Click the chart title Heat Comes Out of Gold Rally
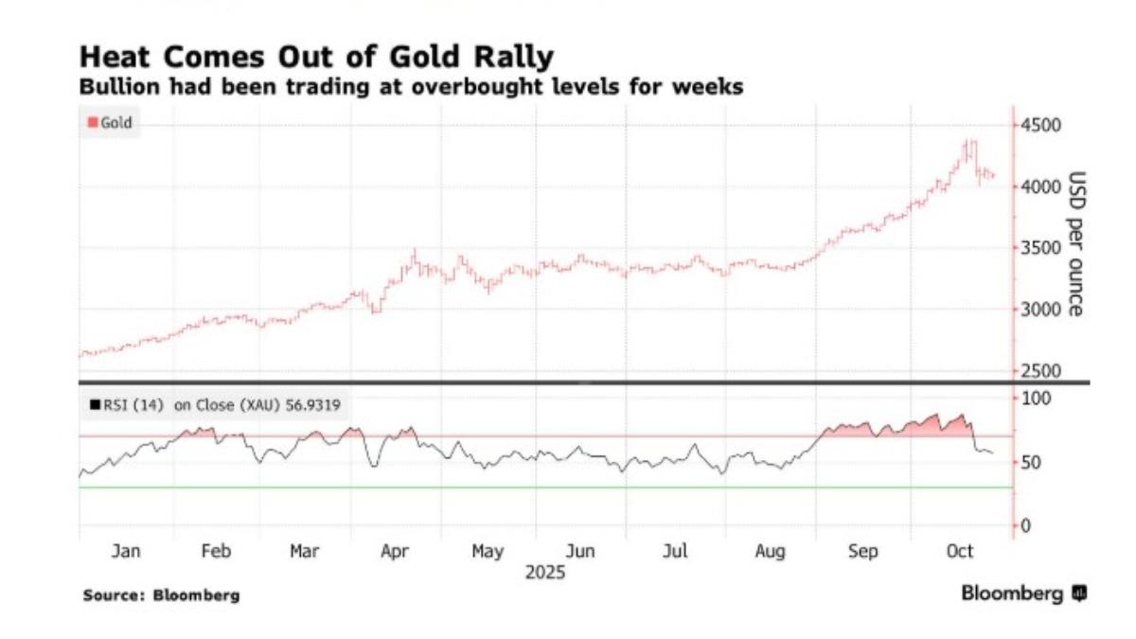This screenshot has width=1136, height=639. click(316, 56)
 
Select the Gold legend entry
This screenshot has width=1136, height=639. click(111, 123)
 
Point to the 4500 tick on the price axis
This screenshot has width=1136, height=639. click(1039, 125)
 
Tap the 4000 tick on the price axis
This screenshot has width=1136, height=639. click(1039, 186)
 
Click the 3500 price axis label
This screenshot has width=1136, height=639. click(1039, 248)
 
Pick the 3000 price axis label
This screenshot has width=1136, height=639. click(1039, 310)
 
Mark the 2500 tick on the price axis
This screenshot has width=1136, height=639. click(1039, 370)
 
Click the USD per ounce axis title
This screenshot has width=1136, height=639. click(1075, 243)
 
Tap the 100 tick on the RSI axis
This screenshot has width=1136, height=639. click(1037, 399)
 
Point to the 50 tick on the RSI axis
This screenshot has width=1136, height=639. click(1033, 462)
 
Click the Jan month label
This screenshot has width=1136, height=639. click(126, 552)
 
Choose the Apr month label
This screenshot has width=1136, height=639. click(395, 552)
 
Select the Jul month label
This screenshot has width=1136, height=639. click(675, 552)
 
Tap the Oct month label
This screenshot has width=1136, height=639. click(960, 552)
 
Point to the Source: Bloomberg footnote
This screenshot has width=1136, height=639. click(161, 595)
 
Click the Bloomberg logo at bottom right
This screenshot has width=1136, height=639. click(1023, 594)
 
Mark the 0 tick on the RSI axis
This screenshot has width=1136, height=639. click(1026, 525)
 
